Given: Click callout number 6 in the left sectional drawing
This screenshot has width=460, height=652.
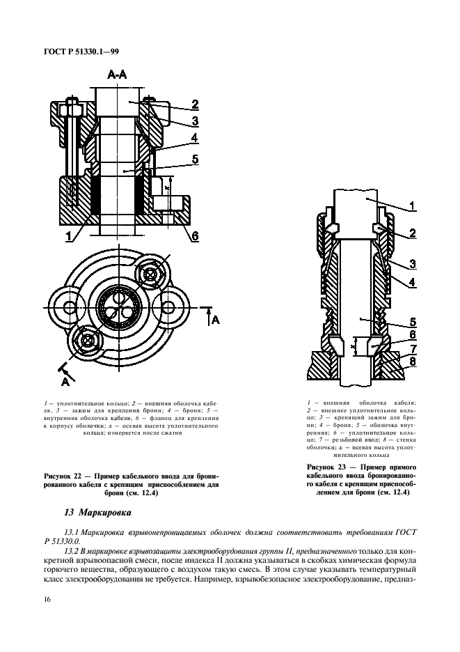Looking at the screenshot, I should tap(195, 235).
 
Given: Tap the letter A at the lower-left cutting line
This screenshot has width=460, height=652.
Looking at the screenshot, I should tap(65, 382).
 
